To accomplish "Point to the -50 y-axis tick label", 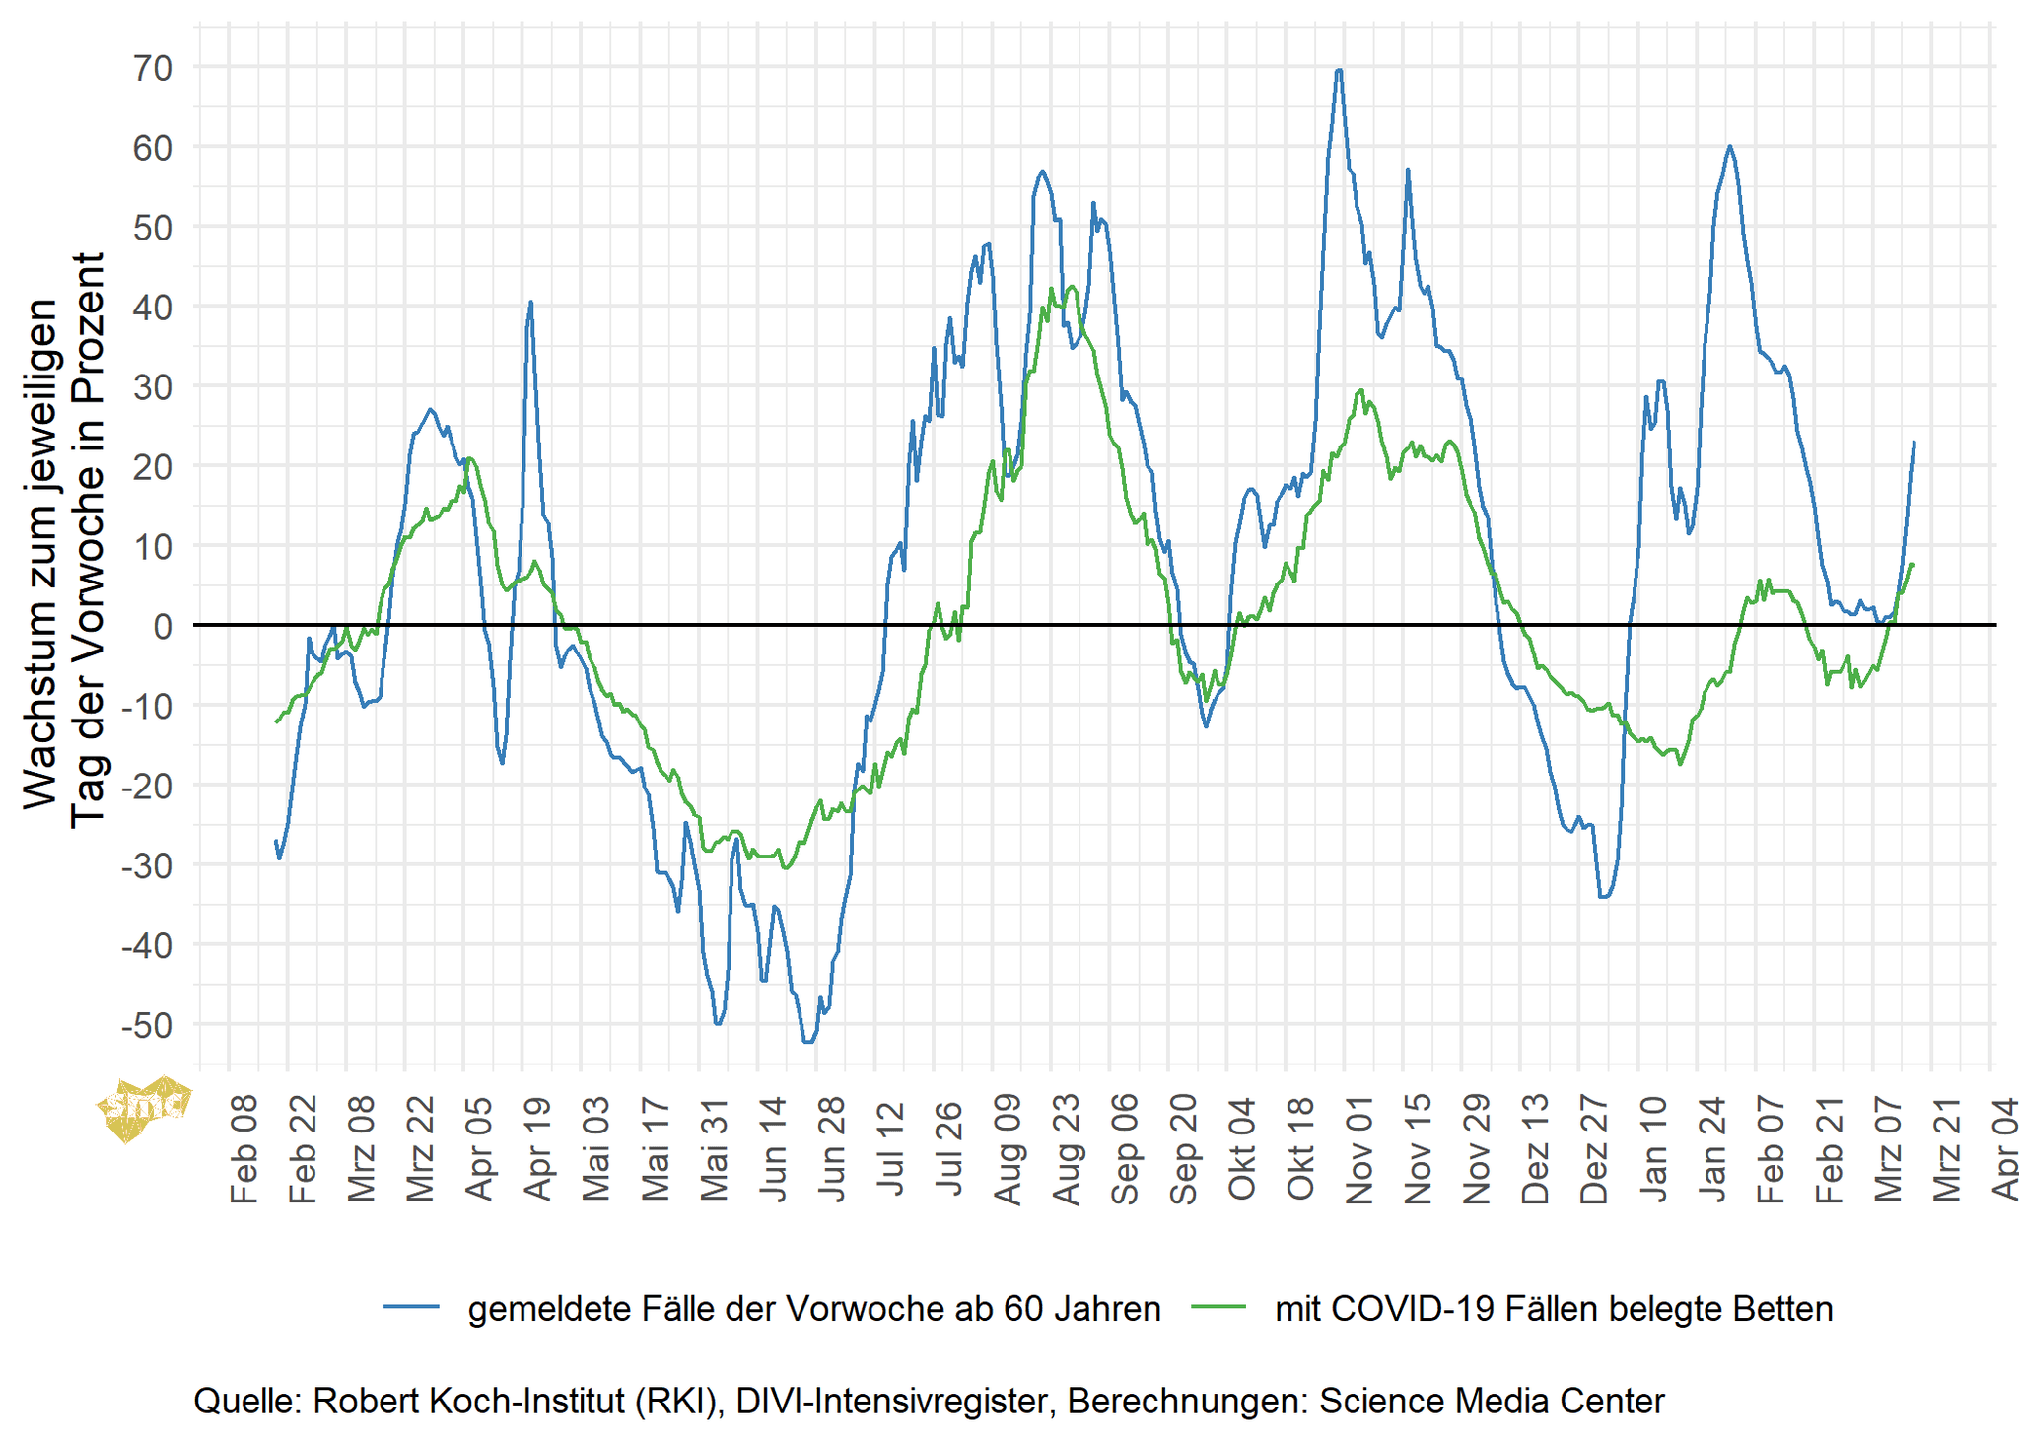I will pyautogui.click(x=145, y=1026).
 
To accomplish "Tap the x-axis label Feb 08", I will pyautogui.click(x=244, y=1148).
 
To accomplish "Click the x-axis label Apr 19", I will pyautogui.click(x=537, y=1148).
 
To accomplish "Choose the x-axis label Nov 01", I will pyautogui.click(x=1359, y=1148).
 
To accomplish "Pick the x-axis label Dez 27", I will pyautogui.click(x=1594, y=1148).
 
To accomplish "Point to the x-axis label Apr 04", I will pyautogui.click(x=2004, y=1148).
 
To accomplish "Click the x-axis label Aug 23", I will pyautogui.click(x=1066, y=1148).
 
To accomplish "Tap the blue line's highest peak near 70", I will pyautogui.click(x=1338, y=70).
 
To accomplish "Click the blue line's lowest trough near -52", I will pyautogui.click(x=808, y=1042).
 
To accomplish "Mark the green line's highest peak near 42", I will pyautogui.click(x=1072, y=287).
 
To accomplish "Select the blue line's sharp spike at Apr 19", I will pyautogui.click(x=530, y=303).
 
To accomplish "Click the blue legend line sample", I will pyautogui.click(x=411, y=1307).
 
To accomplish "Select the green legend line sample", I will pyautogui.click(x=1218, y=1307).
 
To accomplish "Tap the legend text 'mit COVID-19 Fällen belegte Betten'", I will pyautogui.click(x=1554, y=1309).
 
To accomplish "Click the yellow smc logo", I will pyautogui.click(x=143, y=1105).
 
